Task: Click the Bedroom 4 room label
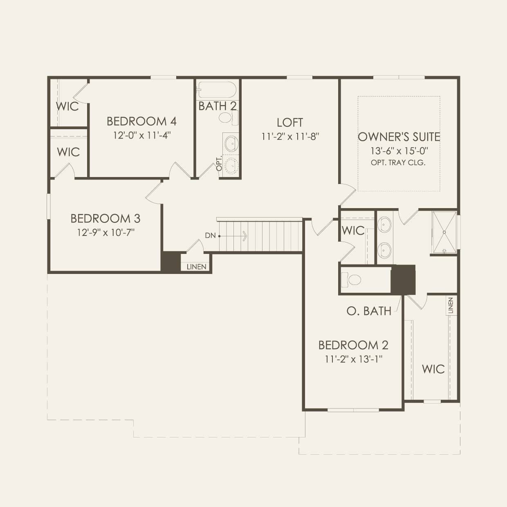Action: [141, 121]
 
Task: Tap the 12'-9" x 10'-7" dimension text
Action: [106, 232]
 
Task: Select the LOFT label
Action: [290, 122]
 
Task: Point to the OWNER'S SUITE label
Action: [399, 137]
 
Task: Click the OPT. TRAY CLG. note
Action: [398, 162]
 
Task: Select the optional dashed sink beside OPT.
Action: [231, 166]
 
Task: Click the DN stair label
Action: [211, 236]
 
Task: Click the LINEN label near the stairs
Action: [197, 267]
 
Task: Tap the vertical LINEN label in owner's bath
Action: [451, 306]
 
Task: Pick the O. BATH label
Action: [369, 311]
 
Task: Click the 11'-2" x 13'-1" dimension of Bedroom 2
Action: [354, 359]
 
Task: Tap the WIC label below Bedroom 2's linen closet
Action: [433, 369]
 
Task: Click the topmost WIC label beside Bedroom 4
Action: [67, 106]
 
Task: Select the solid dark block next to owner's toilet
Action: [403, 280]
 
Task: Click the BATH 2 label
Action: [218, 106]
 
